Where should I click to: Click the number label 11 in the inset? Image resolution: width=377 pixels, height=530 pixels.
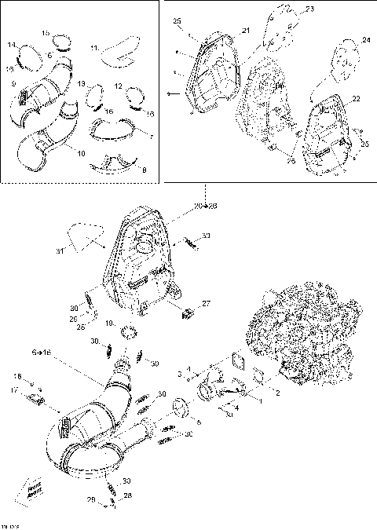95,48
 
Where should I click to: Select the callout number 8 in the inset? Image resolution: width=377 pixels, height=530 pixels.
142,169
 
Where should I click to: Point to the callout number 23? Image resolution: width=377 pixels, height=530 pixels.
309,9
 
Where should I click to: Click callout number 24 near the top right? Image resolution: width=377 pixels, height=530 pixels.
365,40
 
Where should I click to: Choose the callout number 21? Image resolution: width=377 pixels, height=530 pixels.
246,30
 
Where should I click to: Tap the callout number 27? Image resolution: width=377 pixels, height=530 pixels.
206,303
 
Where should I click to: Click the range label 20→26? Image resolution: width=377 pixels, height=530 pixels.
206,206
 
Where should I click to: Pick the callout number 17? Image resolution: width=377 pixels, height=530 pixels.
13,389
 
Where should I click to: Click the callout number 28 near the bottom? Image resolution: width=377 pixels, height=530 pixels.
127,495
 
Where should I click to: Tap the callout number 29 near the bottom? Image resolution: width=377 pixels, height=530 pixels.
91,499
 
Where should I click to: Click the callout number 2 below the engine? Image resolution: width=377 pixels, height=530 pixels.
276,390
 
